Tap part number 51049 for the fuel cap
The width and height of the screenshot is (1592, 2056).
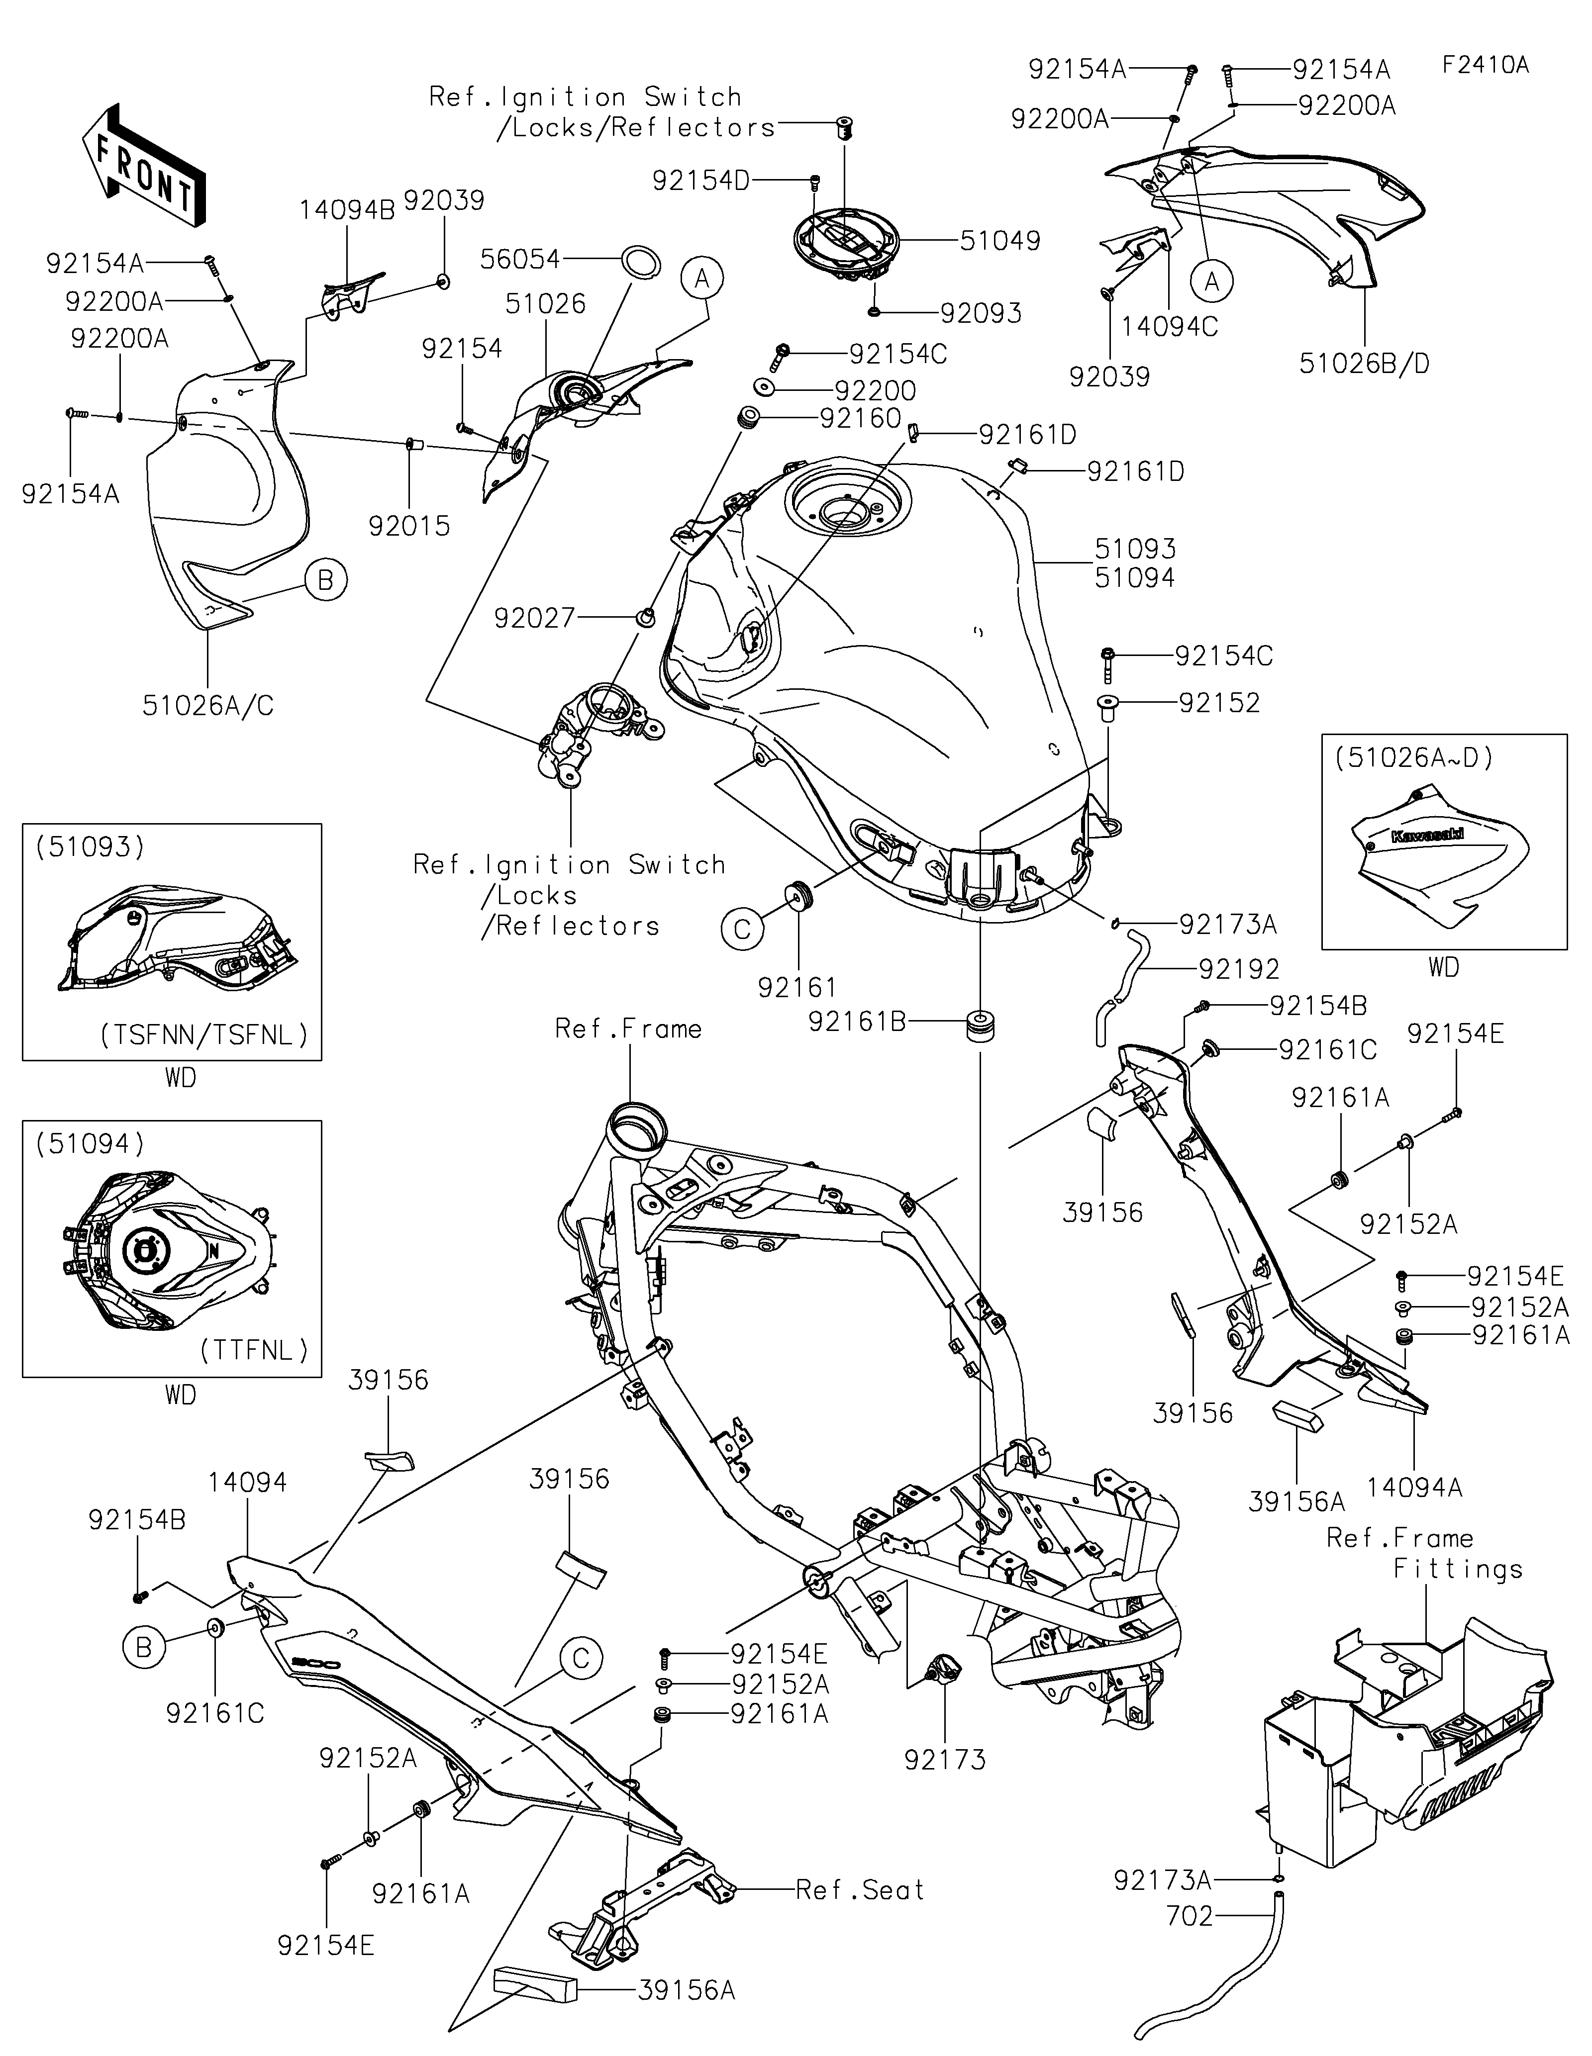point(1000,241)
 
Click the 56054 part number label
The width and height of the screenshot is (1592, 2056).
point(520,259)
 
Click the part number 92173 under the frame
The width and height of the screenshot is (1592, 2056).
point(945,1760)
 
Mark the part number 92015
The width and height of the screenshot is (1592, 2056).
point(409,526)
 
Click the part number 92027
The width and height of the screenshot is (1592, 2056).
point(535,619)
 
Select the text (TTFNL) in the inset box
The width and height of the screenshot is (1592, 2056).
point(254,1351)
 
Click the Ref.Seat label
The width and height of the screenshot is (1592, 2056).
point(860,1889)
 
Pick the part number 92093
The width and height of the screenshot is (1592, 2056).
point(981,313)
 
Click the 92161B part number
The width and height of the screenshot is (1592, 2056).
point(857,1022)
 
